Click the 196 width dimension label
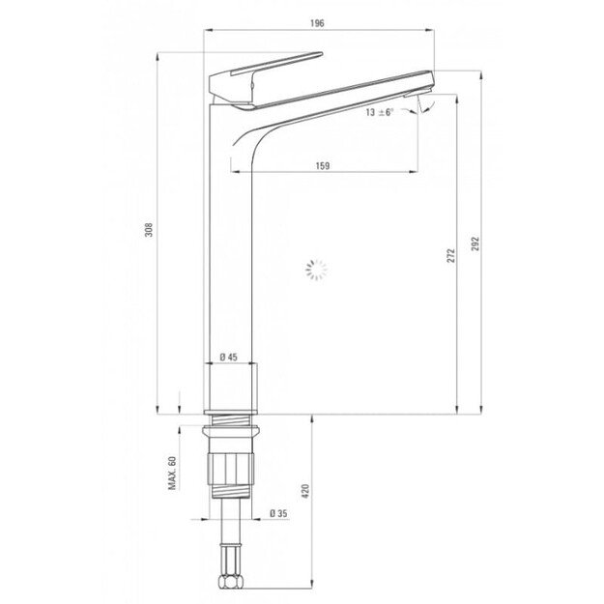click(x=317, y=23)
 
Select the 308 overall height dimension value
click(x=149, y=230)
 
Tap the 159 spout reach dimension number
click(x=323, y=165)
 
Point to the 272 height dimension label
click(x=450, y=256)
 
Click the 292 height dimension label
click(x=475, y=244)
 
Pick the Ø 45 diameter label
click(x=229, y=357)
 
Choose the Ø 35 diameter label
click(x=278, y=513)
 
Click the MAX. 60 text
click(x=172, y=473)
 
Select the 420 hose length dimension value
click(x=305, y=491)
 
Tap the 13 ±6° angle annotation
click(x=380, y=112)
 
